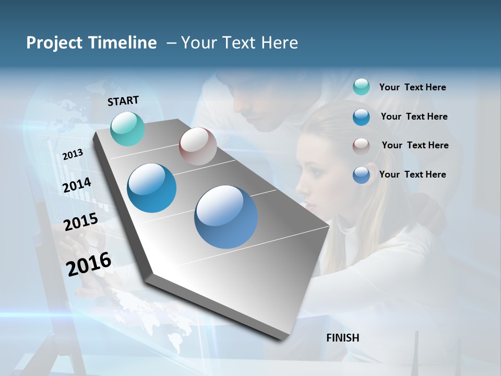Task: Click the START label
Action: [x=123, y=101]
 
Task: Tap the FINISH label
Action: [x=343, y=338]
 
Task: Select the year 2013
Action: [x=73, y=155]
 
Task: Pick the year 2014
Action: [x=77, y=185]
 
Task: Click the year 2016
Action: [x=89, y=264]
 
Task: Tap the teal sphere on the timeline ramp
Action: [x=128, y=128]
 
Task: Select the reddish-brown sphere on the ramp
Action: [x=198, y=146]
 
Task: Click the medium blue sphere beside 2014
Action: [x=152, y=188]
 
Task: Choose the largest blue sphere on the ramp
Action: [x=226, y=217]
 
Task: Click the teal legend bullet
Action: [x=361, y=87]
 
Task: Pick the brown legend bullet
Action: [x=361, y=146]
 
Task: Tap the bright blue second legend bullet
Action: [x=361, y=117]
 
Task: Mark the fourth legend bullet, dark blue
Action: [x=361, y=175]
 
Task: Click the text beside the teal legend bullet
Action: [x=412, y=88]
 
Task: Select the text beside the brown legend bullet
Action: [x=415, y=145]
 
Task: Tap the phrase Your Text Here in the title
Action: [x=240, y=43]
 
